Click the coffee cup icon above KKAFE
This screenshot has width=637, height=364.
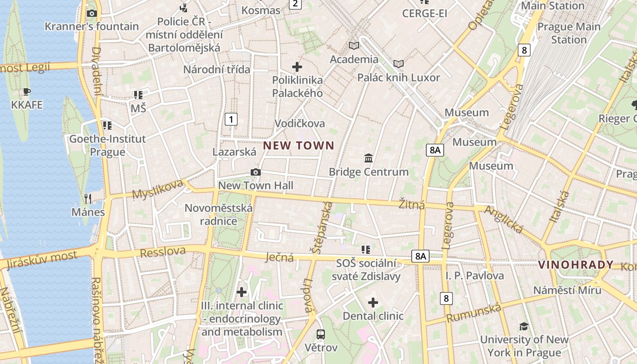[x=27, y=92]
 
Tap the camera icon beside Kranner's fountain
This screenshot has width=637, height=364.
[x=91, y=14]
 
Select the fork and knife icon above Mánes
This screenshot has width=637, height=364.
[x=88, y=198]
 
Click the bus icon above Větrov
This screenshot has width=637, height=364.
[x=321, y=334]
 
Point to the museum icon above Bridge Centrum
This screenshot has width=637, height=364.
[x=369, y=158]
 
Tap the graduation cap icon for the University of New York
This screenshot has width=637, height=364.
[x=524, y=326]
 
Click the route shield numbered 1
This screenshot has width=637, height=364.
[x=231, y=120]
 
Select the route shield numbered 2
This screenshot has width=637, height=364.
[x=296, y=4]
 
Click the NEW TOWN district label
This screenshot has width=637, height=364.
[x=298, y=146]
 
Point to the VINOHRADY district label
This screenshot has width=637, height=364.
[x=576, y=265]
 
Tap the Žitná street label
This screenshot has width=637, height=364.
[x=412, y=204]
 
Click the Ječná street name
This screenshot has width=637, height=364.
[x=279, y=258]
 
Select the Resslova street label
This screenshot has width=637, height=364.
[x=163, y=252]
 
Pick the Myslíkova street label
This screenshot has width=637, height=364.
[x=157, y=189]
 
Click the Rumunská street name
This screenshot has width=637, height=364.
[x=474, y=313]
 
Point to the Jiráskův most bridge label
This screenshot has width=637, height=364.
[x=42, y=259]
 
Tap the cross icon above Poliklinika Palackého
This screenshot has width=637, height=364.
[x=297, y=67]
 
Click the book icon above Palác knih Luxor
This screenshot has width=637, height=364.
[x=399, y=64]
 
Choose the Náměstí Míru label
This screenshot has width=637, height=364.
[x=567, y=290]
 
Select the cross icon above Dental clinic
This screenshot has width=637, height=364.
[x=373, y=303]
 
